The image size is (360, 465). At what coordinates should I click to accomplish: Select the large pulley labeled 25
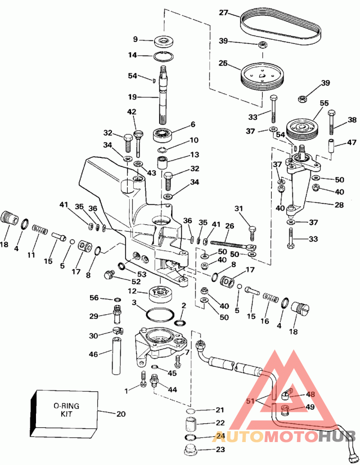[x=261, y=76]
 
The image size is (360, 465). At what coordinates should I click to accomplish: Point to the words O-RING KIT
[x=66, y=410]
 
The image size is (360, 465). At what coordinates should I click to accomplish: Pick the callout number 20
[x=121, y=413]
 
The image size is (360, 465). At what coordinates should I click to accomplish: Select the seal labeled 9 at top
[x=164, y=41]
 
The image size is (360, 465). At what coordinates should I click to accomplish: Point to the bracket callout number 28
[x=339, y=205]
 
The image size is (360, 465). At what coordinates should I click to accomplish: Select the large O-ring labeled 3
[x=160, y=314]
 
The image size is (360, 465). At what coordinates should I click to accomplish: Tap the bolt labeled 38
[x=332, y=122]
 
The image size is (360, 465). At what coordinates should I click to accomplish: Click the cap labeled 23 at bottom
[x=191, y=449]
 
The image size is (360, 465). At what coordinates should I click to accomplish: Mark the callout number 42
[x=132, y=112]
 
